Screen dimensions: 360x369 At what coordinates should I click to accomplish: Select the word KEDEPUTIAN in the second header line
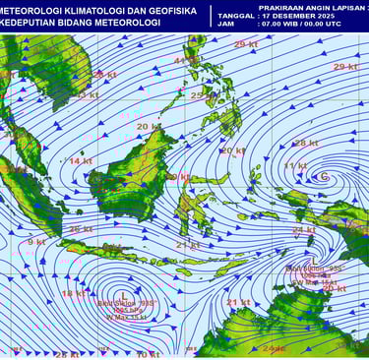[29, 24]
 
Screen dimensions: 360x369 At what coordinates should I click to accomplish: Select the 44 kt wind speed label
[184, 61]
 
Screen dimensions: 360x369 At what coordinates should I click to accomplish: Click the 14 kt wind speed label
[81, 160]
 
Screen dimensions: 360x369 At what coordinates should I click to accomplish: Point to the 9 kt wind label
[36, 241]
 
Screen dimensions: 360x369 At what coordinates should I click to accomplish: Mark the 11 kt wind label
[294, 166]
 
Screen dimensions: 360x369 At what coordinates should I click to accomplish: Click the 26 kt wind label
[81, 229]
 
